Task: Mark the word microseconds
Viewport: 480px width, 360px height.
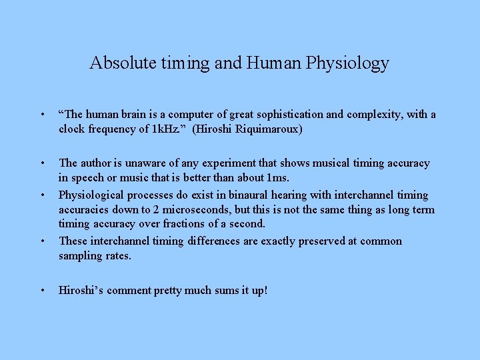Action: [178, 210]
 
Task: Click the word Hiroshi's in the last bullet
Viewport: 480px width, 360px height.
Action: [81, 291]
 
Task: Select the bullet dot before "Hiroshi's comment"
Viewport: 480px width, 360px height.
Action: [42, 291]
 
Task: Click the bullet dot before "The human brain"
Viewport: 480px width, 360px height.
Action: [42, 115]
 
